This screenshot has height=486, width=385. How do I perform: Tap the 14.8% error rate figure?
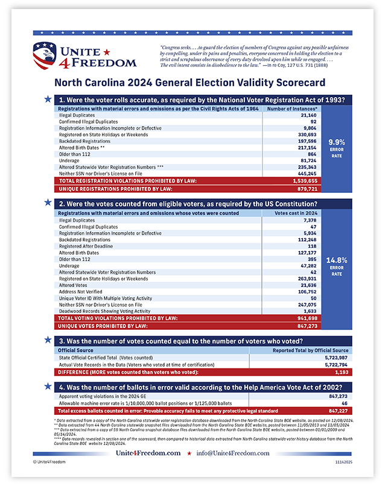tap(336, 260)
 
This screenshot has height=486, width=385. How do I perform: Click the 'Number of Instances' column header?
tap(292, 109)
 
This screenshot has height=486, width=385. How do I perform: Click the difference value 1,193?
tap(340, 372)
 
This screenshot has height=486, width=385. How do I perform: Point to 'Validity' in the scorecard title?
tap(235, 82)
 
